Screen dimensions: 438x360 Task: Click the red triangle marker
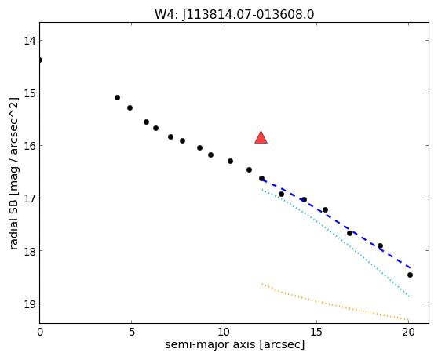point(261,137)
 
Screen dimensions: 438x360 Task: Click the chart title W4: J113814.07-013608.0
point(235,15)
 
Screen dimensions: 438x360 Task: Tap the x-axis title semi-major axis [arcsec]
point(235,344)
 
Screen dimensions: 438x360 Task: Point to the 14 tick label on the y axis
point(30,41)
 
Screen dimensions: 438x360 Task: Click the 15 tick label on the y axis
point(30,93)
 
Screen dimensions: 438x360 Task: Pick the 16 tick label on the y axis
point(30,146)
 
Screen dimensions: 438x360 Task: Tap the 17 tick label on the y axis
point(30,198)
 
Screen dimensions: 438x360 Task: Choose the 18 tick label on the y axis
point(30,251)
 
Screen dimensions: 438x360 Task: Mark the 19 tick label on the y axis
point(30,304)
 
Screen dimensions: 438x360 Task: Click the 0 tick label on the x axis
point(40,332)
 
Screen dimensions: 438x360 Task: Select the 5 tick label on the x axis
point(132,332)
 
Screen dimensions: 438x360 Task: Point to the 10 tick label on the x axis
point(224,332)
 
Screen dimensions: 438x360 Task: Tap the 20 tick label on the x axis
point(408,332)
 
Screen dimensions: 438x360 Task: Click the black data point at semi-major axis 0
point(40,60)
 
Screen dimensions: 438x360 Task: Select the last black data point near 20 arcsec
point(410,275)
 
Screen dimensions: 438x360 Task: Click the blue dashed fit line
point(336,223)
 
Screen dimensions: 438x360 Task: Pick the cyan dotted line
point(336,242)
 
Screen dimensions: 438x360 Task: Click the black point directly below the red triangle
point(261,178)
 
